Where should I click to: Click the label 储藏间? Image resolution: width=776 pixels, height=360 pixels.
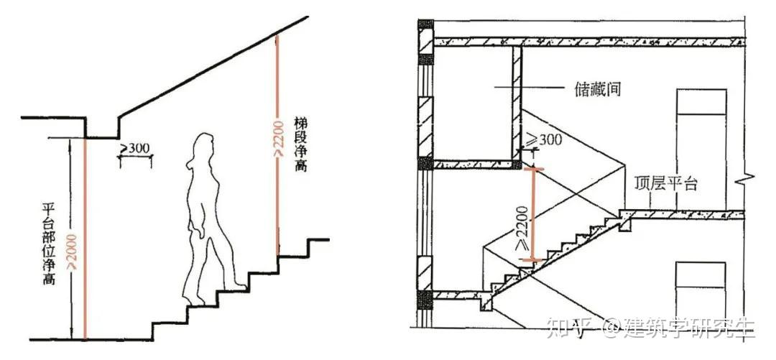click(x=596, y=90)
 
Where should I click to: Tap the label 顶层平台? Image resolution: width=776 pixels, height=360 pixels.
click(x=667, y=183)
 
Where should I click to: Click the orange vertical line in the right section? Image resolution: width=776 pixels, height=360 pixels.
click(x=533, y=215)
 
